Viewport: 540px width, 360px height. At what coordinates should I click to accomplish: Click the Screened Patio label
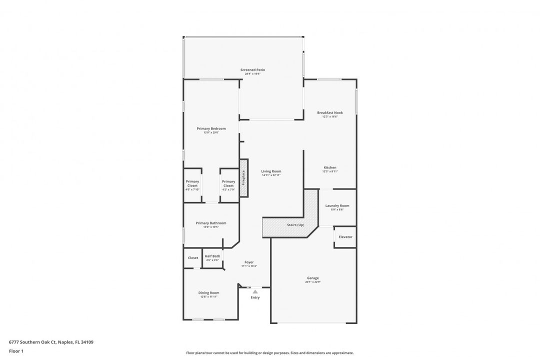click(252, 70)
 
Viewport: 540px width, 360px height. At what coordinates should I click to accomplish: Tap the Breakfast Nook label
click(330, 112)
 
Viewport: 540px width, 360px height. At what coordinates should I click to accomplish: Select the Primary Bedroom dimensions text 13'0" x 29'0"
click(211, 132)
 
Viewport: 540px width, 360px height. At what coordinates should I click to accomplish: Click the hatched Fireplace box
click(244, 177)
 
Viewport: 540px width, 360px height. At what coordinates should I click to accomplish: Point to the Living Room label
click(271, 171)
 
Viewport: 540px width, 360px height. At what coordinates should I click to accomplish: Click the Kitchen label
click(330, 167)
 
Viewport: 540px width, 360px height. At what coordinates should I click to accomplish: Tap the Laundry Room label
click(337, 205)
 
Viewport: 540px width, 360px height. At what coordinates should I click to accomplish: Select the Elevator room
click(345, 237)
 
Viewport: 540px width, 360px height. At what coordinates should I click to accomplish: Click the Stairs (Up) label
click(295, 225)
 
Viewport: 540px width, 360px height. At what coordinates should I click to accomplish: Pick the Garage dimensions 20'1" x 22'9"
click(313, 282)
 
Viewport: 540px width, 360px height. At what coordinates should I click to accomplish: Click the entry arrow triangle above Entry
click(255, 291)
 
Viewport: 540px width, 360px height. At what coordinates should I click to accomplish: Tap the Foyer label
click(249, 262)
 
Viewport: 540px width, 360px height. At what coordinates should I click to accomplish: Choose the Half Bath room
click(212, 258)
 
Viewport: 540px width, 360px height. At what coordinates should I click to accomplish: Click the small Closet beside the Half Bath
click(193, 258)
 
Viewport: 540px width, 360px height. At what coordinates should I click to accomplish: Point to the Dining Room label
click(208, 292)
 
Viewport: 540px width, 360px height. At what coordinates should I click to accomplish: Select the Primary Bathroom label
click(211, 223)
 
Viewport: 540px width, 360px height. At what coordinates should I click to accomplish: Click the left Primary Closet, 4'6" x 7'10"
click(192, 185)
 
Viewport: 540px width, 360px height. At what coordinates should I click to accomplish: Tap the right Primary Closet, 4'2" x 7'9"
click(228, 185)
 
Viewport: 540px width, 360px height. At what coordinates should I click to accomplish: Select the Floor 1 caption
click(16, 351)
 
